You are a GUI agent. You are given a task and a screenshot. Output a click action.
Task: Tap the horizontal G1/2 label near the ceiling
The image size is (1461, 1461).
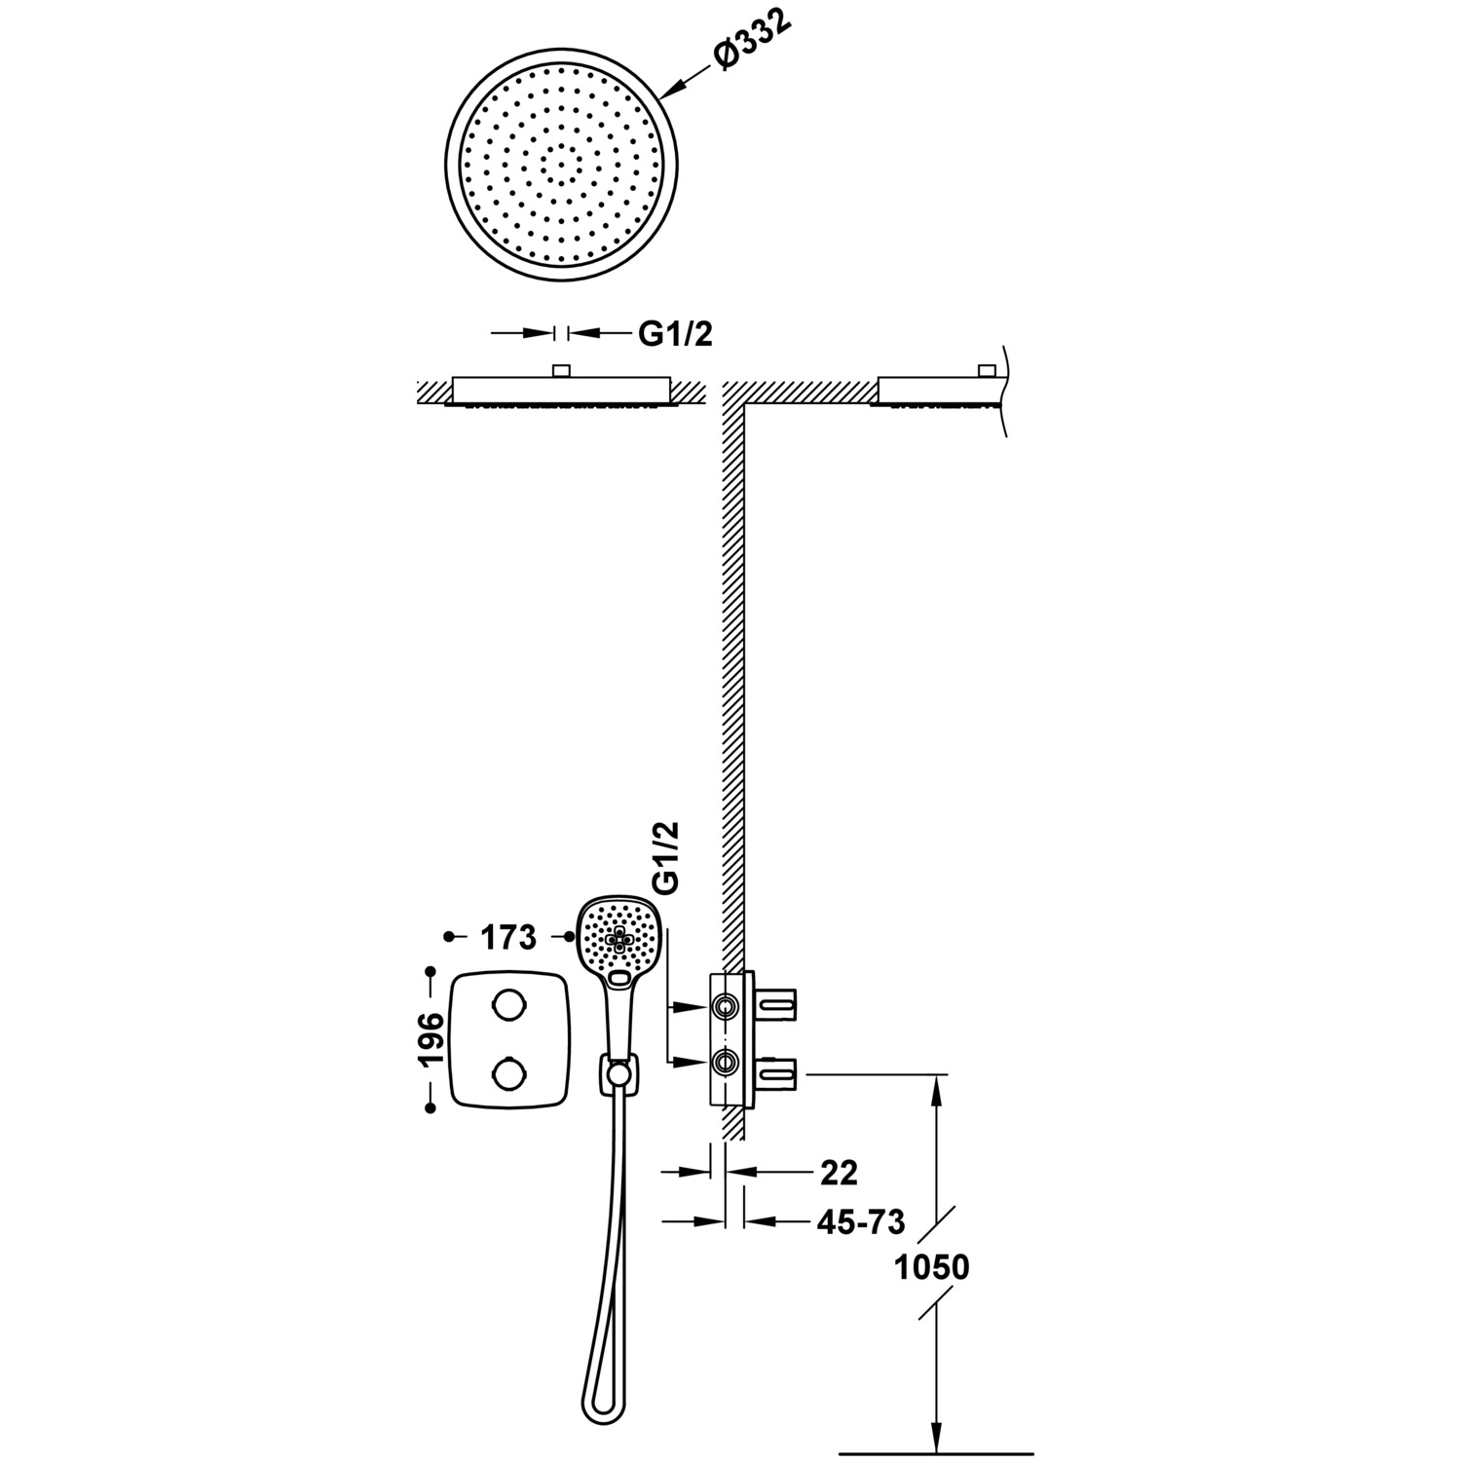676,334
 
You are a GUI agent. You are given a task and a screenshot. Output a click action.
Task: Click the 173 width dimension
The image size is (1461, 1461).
507,937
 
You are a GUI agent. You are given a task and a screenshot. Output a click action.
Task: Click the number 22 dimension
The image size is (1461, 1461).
839,1173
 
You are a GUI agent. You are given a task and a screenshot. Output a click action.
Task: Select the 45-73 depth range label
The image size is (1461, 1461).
861,1221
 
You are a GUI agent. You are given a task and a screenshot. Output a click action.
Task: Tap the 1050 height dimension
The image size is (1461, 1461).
932,1267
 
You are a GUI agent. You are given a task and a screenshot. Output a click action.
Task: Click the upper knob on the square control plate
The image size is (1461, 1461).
507,1002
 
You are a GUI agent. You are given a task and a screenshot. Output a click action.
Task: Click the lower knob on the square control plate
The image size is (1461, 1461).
507,1074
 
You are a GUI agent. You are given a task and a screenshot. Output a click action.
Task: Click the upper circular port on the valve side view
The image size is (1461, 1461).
724,1006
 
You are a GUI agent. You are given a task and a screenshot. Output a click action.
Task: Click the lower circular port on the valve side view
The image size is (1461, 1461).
724,1062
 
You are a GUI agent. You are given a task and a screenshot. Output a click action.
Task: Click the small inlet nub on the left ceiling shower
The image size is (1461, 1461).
560,370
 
